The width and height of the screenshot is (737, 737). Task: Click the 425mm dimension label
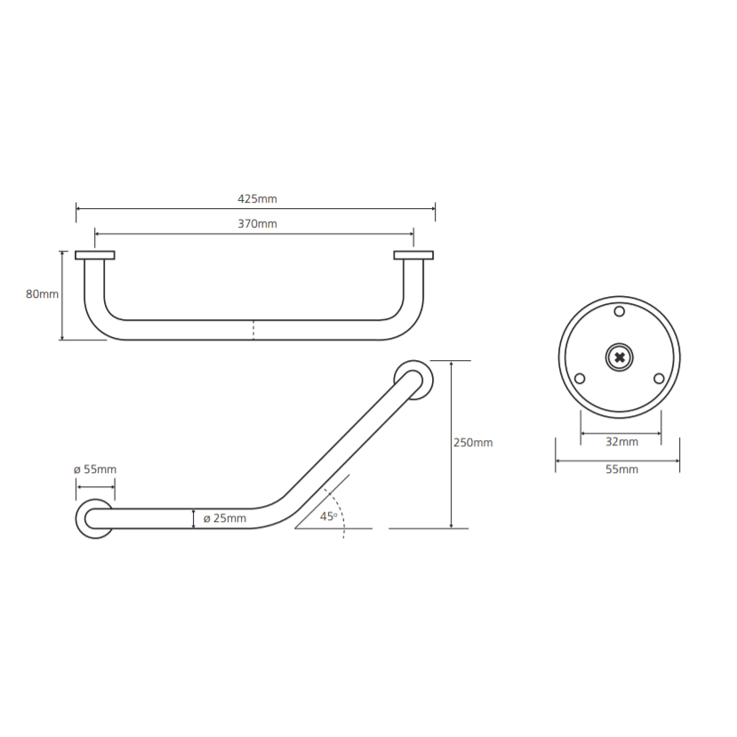click(x=257, y=199)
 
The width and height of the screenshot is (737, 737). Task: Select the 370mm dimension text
click(x=257, y=224)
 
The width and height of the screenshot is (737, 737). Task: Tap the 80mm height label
click(x=42, y=294)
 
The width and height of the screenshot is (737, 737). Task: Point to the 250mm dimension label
click(x=473, y=443)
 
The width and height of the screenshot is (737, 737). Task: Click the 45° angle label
click(x=329, y=517)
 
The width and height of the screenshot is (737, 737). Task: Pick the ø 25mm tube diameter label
click(x=225, y=518)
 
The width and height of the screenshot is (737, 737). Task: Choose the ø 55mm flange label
click(x=95, y=469)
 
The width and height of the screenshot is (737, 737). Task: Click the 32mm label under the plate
click(x=621, y=442)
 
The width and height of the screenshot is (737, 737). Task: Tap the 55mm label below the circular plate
click(x=621, y=469)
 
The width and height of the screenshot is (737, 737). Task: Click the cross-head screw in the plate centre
click(x=620, y=357)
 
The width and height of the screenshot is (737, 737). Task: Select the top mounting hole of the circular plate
click(x=620, y=311)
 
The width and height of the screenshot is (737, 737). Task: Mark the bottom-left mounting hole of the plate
click(x=580, y=379)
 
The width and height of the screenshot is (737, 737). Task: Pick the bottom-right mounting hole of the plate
click(x=659, y=379)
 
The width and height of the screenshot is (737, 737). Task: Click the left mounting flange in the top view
click(x=95, y=255)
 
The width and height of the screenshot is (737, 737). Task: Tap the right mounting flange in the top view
click(x=413, y=255)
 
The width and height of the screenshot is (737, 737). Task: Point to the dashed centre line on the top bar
click(x=253, y=330)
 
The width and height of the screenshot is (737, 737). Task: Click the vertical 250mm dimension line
click(x=452, y=445)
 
